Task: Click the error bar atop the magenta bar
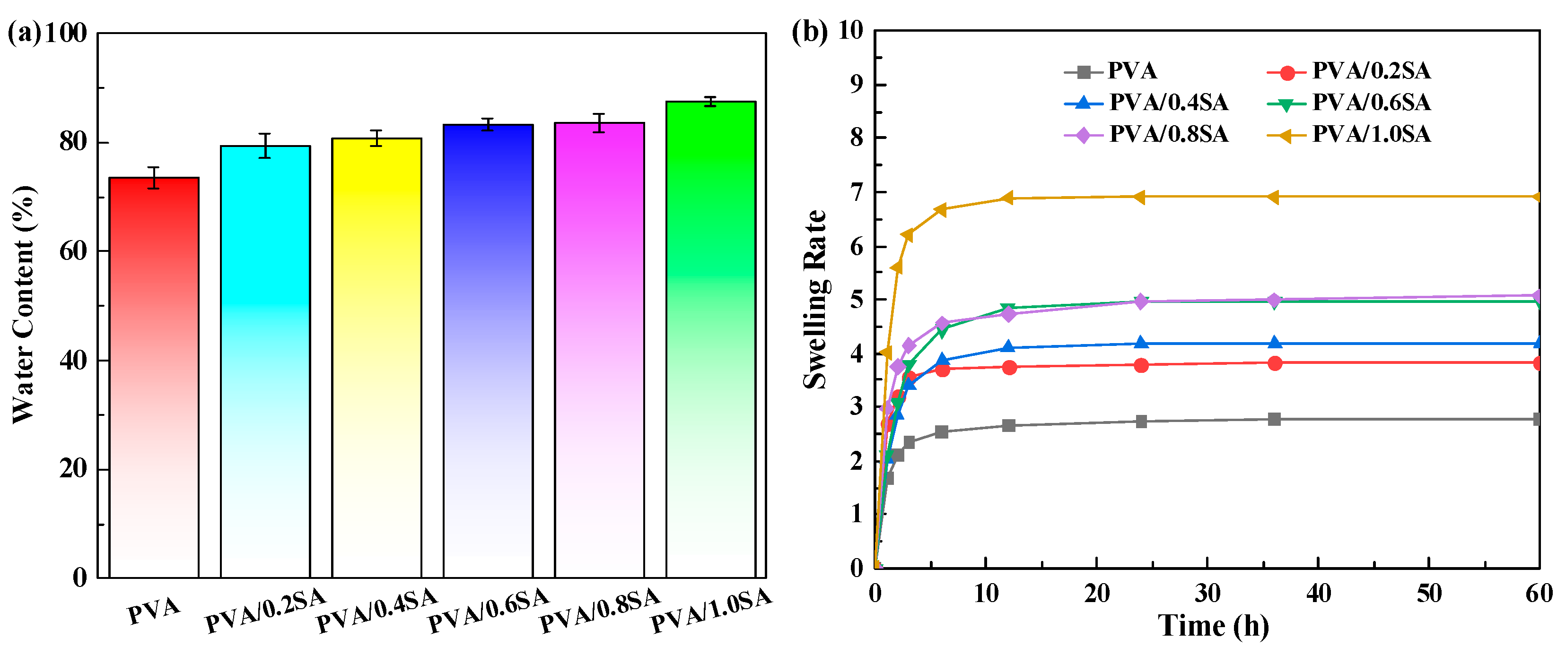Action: [599, 123]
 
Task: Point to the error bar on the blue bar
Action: [488, 125]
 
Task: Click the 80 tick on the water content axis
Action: [73, 142]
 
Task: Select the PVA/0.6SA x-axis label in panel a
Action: [488, 611]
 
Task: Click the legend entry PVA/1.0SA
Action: [1371, 134]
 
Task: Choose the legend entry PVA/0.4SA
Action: [1168, 103]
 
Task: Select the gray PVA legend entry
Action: [1131, 71]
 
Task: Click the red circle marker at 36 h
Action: [1275, 363]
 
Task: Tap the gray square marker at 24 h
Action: [1141, 421]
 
